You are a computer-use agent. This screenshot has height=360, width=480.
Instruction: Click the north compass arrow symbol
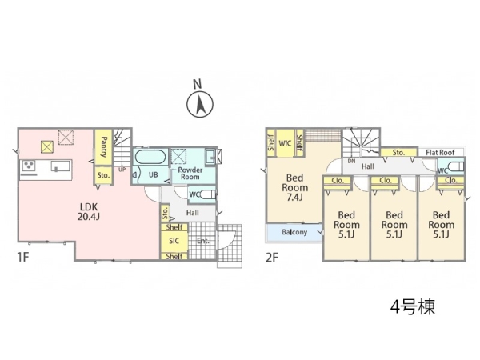tap(200, 104)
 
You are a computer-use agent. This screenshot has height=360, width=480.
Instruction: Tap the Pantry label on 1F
tap(104, 147)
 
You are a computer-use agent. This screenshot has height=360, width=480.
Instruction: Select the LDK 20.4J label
tap(89, 211)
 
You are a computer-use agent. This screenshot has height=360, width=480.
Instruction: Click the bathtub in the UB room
tap(150, 157)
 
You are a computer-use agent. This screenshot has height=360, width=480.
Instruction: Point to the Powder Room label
tap(190, 174)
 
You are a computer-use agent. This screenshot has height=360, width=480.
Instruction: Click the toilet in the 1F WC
tap(207, 194)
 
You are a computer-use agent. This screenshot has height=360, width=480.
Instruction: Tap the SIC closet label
tap(174, 241)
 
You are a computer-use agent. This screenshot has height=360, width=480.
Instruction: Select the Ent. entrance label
tap(203, 241)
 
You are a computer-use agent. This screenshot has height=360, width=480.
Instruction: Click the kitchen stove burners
tap(29, 166)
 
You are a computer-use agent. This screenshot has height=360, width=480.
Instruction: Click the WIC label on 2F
tap(285, 143)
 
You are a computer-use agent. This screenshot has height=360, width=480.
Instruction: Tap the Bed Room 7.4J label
tap(294, 187)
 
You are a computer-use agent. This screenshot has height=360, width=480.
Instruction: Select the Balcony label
tap(294, 232)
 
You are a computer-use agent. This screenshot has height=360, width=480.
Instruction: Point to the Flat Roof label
tap(440, 152)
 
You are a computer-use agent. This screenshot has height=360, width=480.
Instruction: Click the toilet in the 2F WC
tap(457, 167)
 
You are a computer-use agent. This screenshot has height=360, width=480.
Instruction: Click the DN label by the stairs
tap(351, 161)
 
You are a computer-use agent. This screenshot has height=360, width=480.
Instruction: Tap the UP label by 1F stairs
tap(122, 169)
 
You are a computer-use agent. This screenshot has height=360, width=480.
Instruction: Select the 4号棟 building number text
tap(413, 306)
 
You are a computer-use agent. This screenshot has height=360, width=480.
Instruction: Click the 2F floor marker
tap(272, 257)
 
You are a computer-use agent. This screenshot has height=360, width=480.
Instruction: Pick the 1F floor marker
tap(23, 257)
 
